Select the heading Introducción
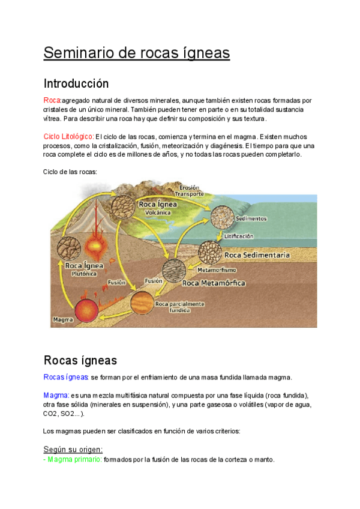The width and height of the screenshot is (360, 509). point(76,83)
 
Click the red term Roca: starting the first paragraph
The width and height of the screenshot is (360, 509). point(52,100)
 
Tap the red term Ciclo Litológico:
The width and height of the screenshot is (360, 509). point(68,136)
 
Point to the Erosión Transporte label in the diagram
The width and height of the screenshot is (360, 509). point(189,190)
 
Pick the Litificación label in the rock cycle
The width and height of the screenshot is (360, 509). point(239,236)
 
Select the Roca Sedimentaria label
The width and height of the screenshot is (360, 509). point(257,255)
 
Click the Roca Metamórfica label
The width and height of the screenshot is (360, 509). point(214,283)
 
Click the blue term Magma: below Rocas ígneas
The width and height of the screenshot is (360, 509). point(56,396)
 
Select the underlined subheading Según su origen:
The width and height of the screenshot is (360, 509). point(73,449)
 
